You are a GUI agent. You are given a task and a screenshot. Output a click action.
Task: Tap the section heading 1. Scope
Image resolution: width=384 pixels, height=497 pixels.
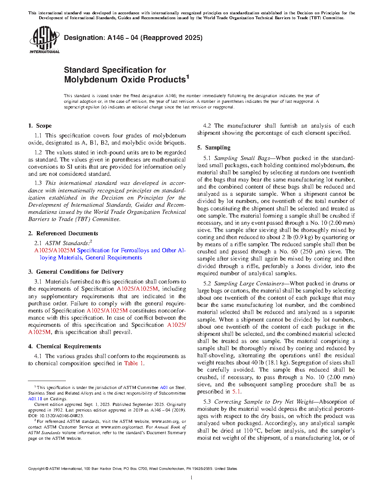pos(40,126)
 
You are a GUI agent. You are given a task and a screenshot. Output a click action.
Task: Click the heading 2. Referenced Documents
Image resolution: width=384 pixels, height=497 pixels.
pos(63,233)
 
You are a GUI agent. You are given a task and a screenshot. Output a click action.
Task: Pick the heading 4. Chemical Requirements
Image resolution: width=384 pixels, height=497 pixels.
pos(64,346)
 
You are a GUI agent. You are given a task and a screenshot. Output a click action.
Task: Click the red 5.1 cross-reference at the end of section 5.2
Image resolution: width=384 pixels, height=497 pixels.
pos(236,392)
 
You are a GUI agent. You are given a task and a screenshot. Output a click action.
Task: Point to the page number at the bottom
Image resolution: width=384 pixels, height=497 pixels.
pos(192,478)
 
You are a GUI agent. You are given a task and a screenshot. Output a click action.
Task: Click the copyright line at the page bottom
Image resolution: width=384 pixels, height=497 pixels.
pos(133,469)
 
